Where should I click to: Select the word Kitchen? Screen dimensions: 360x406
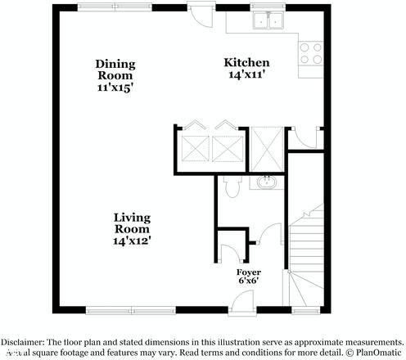[247, 63]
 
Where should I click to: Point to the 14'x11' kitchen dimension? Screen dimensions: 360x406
[247, 74]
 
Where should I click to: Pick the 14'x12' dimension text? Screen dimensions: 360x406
[132, 241]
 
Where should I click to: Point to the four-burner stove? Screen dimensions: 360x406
[310, 54]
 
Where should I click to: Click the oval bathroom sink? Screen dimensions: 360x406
[266, 182]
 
